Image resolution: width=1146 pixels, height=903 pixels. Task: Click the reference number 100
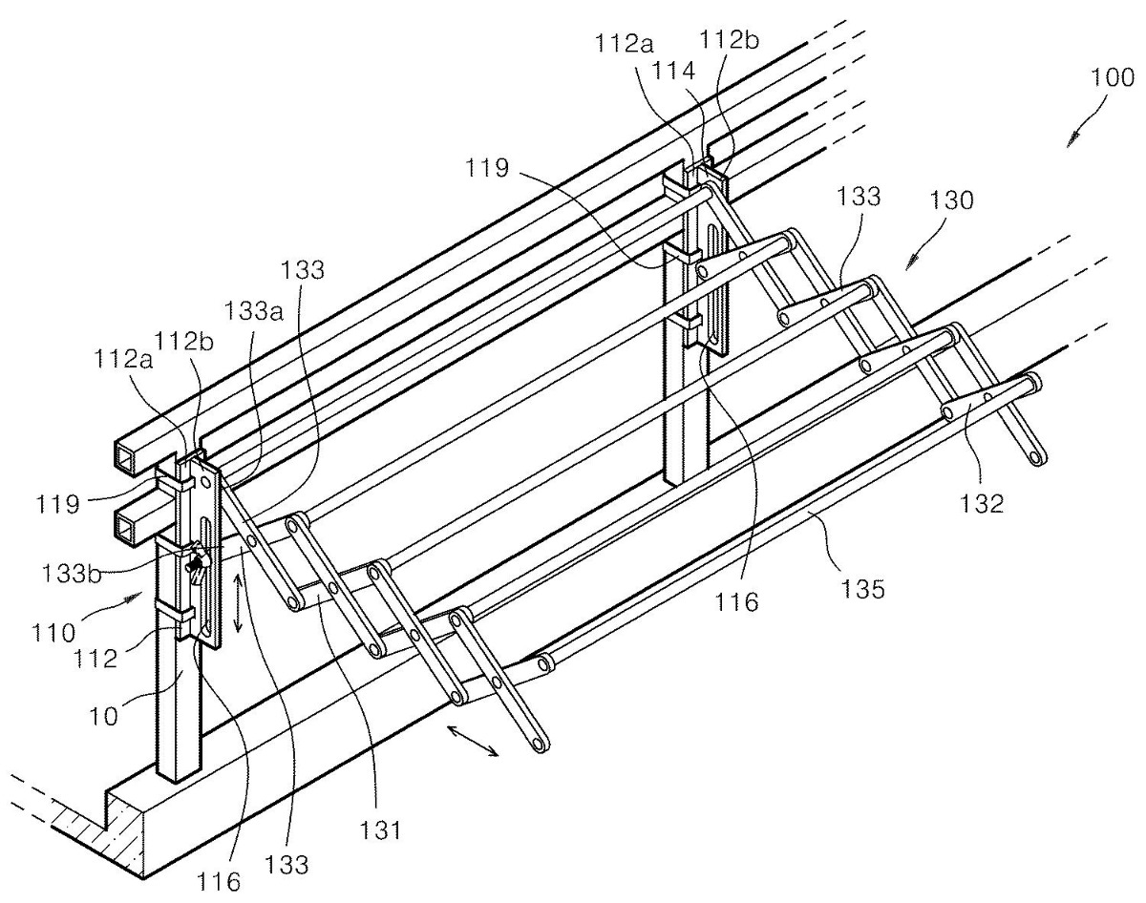pyautogui.click(x=1112, y=77)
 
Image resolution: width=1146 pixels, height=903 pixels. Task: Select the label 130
pyautogui.click(x=951, y=200)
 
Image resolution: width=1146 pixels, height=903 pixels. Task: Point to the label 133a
pyautogui.click(x=253, y=311)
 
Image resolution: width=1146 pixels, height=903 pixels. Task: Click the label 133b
pyautogui.click(x=71, y=575)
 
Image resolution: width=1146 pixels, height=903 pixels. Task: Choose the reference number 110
pyautogui.click(x=53, y=633)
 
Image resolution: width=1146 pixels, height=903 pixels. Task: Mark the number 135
pyautogui.click(x=862, y=588)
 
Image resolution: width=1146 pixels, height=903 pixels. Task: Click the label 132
pyautogui.click(x=983, y=503)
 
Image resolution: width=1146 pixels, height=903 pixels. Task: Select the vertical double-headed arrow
pyautogui.click(x=238, y=603)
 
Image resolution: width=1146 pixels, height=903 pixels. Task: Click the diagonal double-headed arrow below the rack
pyautogui.click(x=473, y=741)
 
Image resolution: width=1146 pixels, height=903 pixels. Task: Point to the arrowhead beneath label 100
pyautogui.click(x=1072, y=140)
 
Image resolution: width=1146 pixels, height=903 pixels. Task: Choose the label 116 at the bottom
pyautogui.click(x=219, y=881)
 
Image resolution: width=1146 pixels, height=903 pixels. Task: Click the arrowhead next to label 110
pyautogui.click(x=132, y=598)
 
